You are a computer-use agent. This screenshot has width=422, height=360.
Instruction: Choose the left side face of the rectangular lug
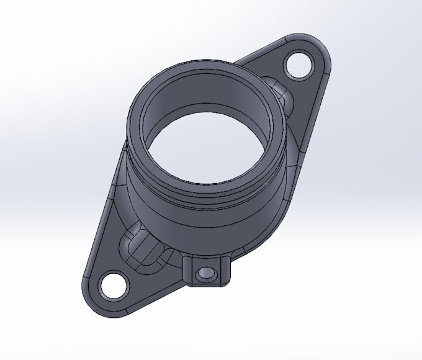(187, 271)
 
